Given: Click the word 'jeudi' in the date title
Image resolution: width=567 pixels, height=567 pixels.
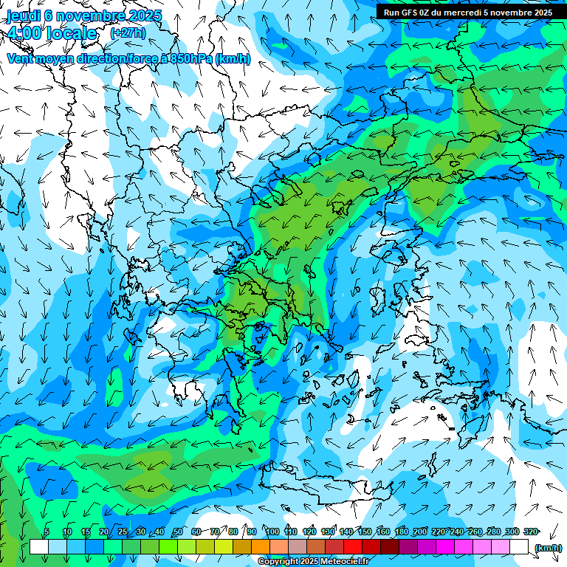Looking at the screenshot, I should coord(23,16).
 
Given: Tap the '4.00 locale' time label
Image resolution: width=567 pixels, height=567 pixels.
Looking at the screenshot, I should coord(52,33).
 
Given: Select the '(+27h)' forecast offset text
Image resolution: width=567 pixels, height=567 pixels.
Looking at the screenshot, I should coord(128,33).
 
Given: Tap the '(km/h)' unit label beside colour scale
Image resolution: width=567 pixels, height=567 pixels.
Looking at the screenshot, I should coord(547,547).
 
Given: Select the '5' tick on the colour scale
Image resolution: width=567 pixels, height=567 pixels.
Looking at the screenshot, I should coord(47,532).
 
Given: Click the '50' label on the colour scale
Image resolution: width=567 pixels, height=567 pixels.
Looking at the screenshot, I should coord(177,532).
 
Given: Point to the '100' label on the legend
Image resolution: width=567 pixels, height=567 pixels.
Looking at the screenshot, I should coord(272,532).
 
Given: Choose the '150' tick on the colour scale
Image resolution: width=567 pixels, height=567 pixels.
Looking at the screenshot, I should coord(365,532).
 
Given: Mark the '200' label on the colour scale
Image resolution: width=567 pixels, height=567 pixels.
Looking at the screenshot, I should coord(420,532).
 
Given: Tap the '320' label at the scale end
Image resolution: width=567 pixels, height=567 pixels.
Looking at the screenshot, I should coord(530,532).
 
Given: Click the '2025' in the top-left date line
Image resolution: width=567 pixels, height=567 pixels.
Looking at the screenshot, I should coord(128,16).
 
